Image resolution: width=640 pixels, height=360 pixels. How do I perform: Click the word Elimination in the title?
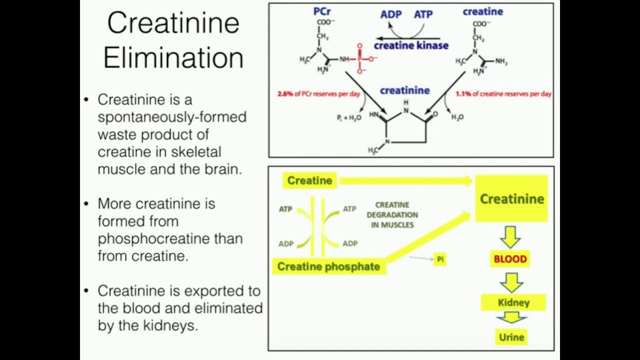point(173,57)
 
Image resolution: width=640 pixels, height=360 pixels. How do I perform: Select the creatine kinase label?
point(411,45)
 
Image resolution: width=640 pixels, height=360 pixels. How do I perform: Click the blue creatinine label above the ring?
point(404,90)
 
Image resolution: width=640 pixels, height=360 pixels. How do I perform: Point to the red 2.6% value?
point(286,94)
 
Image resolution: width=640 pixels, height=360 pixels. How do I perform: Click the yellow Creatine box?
point(310,180)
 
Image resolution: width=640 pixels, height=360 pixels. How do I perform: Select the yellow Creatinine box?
point(511,198)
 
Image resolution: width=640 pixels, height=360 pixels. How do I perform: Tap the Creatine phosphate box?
point(328,266)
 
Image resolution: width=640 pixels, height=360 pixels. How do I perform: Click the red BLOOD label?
point(510,259)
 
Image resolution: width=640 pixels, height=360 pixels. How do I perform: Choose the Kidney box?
point(513,302)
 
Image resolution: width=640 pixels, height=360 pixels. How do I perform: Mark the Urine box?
point(511,337)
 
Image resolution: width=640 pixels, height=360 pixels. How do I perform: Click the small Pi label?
point(440,259)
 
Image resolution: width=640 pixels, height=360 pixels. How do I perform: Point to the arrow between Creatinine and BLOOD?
point(510,237)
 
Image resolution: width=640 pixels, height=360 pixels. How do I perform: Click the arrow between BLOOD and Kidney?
point(511,281)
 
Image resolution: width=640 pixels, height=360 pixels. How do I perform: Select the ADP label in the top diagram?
point(390,14)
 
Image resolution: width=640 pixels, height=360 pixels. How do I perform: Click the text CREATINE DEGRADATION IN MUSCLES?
point(392,215)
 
